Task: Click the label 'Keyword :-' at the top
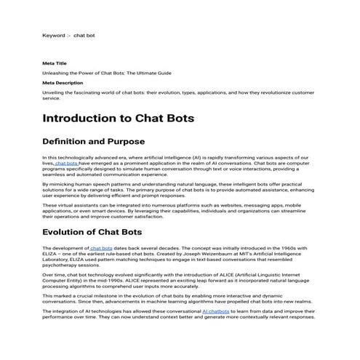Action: point(57,34)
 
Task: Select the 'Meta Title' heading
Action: point(55,64)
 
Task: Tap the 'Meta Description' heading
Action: point(62,83)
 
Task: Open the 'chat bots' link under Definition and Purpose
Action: point(67,164)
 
